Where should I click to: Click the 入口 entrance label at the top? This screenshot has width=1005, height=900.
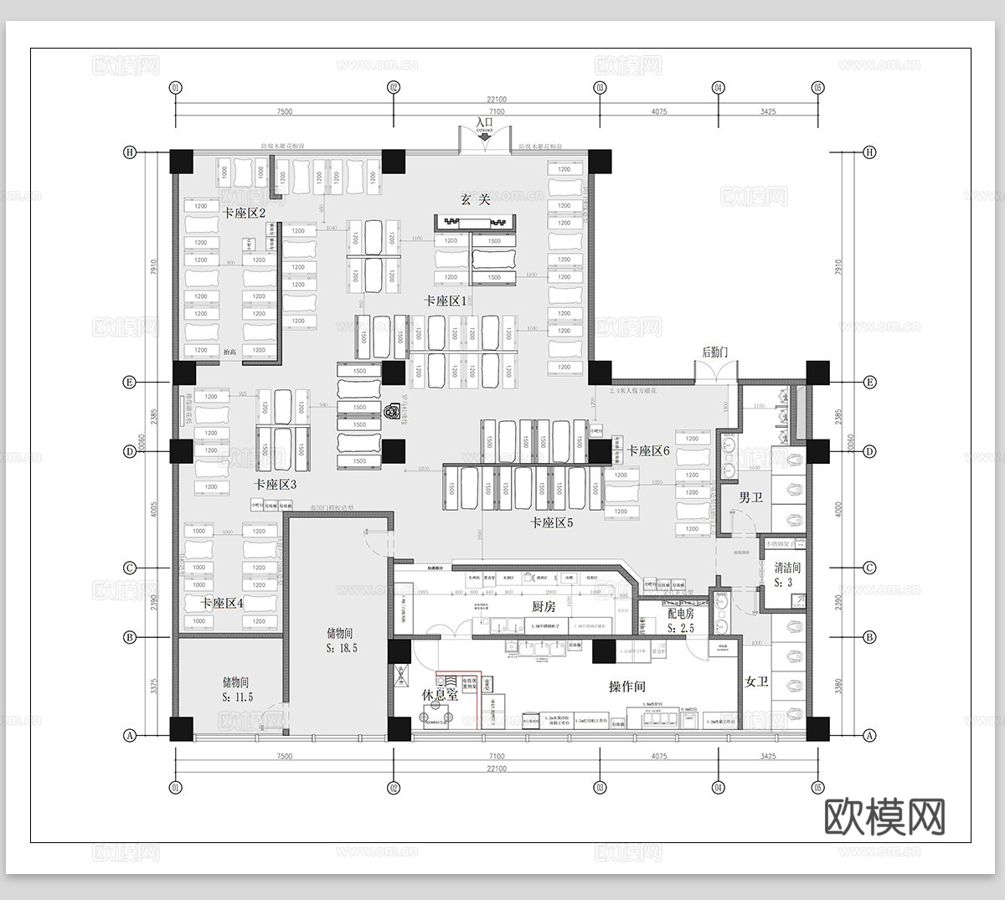pos(485,122)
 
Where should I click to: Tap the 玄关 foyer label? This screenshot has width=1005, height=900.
pos(475,199)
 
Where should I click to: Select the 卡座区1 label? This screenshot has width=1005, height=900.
pos(445,301)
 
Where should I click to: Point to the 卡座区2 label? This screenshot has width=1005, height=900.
pos(244,213)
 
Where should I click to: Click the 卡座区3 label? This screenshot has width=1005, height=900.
pos(276,484)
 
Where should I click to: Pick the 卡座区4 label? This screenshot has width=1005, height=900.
pos(222,603)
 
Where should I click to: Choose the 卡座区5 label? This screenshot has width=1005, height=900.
pos(551,522)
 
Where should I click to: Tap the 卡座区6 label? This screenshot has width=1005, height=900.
pos(649,450)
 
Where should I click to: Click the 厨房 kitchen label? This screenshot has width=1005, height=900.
pos(544,607)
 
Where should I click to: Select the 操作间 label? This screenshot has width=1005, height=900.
pos(626,687)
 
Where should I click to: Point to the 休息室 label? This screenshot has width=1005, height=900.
pos(441,695)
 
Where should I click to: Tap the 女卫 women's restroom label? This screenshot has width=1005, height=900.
pos(756,681)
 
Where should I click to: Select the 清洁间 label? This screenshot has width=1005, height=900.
pos(788,567)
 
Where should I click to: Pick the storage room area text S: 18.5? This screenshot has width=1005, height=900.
pos(342,648)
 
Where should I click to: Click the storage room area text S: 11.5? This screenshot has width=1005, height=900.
pos(237,697)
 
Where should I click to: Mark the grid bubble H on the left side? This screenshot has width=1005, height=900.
pos(130,152)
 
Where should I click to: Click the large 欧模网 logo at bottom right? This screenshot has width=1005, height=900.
pos(884,815)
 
